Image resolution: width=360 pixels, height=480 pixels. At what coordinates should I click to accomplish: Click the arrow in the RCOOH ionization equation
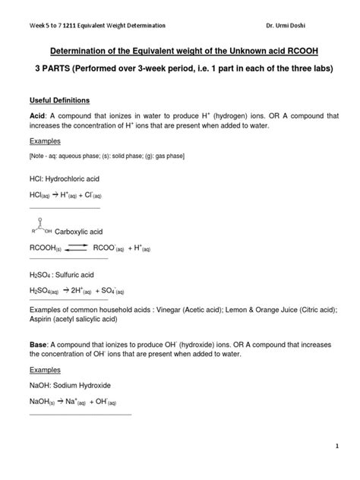tap(80, 247)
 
